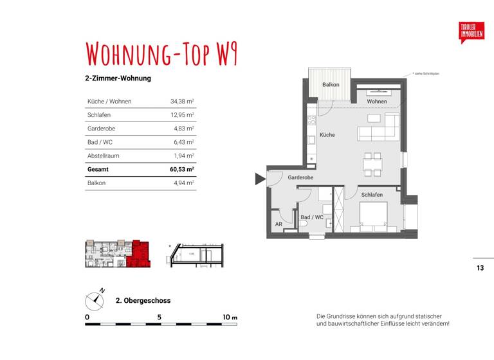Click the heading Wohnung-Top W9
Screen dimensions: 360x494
tap(161, 55)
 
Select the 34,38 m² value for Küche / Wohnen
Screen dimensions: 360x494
tap(182, 102)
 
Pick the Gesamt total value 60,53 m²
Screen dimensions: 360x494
tap(181, 170)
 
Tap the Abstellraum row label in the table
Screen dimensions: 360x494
tap(103, 156)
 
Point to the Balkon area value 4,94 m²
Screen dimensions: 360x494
tap(183, 183)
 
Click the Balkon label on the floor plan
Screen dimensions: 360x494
tap(331, 85)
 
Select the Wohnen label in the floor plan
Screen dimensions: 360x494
tap(377, 102)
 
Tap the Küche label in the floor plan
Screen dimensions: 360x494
tap(327, 135)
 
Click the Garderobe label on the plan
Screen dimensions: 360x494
tap(300, 177)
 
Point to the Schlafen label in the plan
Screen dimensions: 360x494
tap(372, 195)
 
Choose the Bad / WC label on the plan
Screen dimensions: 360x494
tap(312, 217)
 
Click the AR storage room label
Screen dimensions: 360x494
tap(279, 225)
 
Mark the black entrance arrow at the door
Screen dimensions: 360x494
tap(260, 179)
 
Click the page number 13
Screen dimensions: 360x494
tap(480, 268)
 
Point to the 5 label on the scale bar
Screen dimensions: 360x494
tap(159, 317)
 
